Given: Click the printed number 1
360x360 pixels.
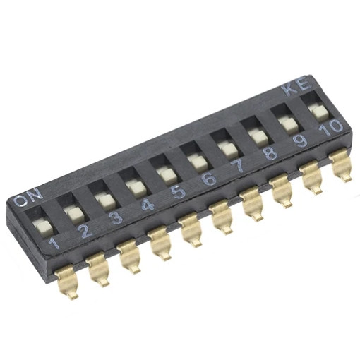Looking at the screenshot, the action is [x=54, y=243].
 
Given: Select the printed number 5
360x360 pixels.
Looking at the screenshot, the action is [x=179, y=192].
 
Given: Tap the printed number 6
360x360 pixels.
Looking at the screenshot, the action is [x=209, y=179].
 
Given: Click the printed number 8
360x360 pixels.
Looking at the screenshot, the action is [x=271, y=152].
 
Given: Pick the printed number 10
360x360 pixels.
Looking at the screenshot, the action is [x=331, y=128].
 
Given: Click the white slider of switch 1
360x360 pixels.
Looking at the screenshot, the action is [x=44, y=228].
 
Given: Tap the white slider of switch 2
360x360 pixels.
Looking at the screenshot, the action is [x=76, y=213].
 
